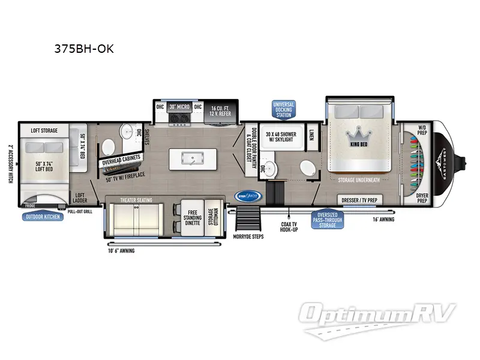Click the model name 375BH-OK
(84, 49)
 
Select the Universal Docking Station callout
(286, 108)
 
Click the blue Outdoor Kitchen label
(43, 216)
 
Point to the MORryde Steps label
(248, 236)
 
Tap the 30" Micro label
(179, 107)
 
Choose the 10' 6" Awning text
(122, 251)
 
